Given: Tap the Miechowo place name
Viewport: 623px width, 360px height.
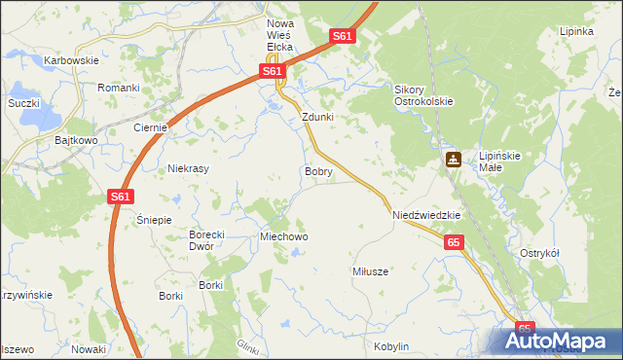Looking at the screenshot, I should coord(283,236).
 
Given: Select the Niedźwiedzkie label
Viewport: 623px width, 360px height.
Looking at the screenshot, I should coord(425,214).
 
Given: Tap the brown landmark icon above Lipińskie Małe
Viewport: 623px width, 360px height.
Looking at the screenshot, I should coord(454,160).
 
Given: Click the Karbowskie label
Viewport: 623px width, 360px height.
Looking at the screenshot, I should coord(72,60).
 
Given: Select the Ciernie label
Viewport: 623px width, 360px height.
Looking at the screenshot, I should coord(152,127).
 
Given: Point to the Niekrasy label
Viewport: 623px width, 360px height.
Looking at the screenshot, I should coord(189,167).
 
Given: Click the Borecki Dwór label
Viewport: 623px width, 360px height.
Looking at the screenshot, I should coord(206,239).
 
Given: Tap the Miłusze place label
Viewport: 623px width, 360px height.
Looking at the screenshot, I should coord(370,271).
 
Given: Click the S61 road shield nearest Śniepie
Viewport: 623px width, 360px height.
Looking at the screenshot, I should coord(119,197).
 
